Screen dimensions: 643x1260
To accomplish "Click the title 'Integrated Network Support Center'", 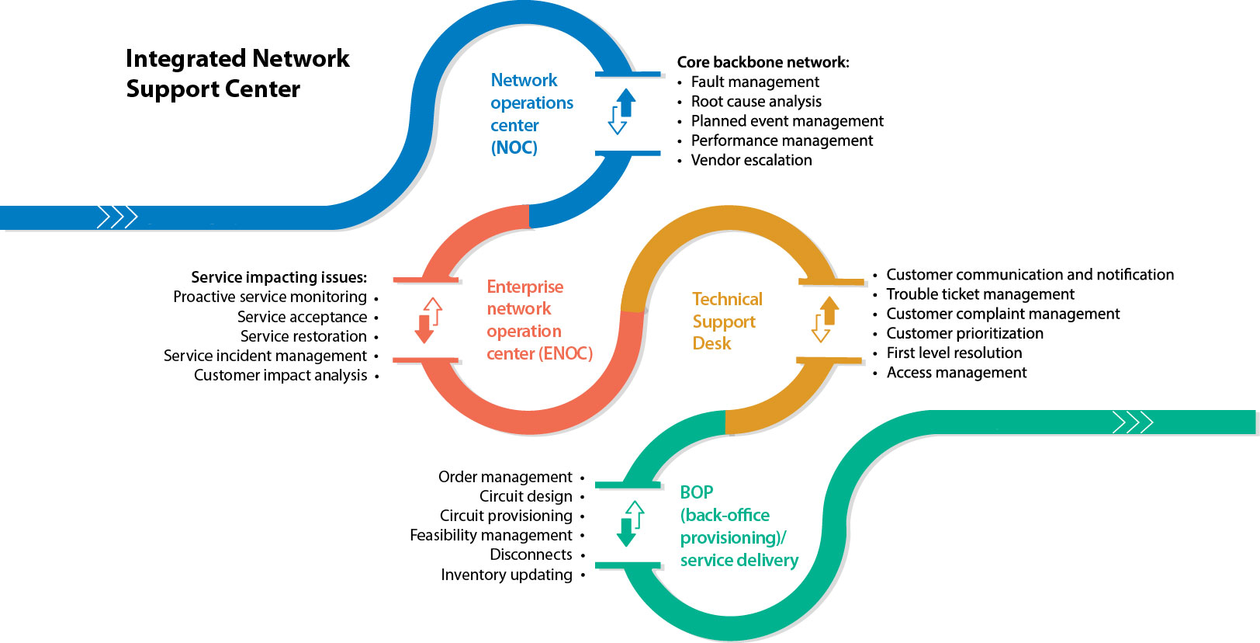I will click(x=237, y=74).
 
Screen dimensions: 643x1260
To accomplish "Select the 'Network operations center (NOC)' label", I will click(x=531, y=113).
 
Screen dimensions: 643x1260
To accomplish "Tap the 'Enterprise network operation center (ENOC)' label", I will click(x=539, y=320).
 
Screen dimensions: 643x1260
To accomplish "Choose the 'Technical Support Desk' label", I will click(x=726, y=321).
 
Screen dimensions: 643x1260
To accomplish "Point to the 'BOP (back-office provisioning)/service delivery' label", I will click(x=739, y=526).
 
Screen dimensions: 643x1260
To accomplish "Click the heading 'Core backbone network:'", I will click(x=763, y=62).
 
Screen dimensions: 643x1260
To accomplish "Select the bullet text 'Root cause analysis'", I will click(x=756, y=102).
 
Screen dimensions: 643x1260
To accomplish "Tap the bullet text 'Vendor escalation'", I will click(x=751, y=160).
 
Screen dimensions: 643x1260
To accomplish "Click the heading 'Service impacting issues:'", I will click(x=279, y=277).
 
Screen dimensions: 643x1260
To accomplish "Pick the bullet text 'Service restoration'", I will click(x=303, y=336).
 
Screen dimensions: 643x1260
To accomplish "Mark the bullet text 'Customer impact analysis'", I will click(x=280, y=375).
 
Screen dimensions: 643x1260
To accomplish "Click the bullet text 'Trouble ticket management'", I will click(x=980, y=294).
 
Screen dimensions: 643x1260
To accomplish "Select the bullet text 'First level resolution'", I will click(x=954, y=353).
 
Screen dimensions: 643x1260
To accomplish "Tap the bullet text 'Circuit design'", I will click(x=525, y=496).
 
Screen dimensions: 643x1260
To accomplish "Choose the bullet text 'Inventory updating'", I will click(x=506, y=575).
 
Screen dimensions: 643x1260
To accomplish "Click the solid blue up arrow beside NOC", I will click(x=626, y=102).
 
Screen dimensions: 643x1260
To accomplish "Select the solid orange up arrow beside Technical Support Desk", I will click(x=830, y=310).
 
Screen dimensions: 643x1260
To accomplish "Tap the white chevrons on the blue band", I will click(x=117, y=217).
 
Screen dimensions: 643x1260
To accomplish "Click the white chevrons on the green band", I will click(x=1133, y=422).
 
